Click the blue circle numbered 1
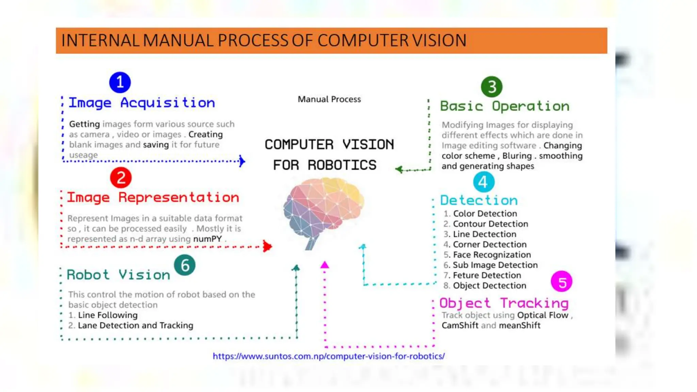120,82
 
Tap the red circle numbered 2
121,177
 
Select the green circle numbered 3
491,87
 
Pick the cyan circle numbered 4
483,182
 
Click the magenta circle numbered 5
561,282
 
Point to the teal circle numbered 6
185,265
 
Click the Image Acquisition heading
142,103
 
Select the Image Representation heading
153,197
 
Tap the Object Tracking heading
504,303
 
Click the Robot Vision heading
118,275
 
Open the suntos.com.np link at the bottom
328,356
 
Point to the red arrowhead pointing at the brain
268,246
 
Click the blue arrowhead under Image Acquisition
242,161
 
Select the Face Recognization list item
492,255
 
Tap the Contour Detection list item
490,224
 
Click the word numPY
207,239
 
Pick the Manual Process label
329,99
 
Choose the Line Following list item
108,315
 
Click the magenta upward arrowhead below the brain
325,265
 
